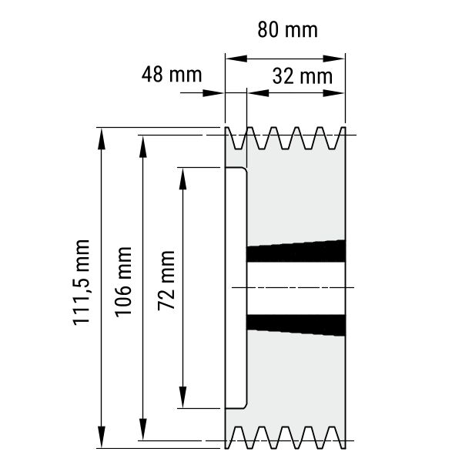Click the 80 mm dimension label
click(287, 30)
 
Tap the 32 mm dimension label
click(303, 76)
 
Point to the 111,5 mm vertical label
click(81, 283)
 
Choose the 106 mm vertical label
click(123, 283)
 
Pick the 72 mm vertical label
click(166, 281)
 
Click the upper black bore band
click(296, 251)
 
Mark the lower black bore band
click(296, 325)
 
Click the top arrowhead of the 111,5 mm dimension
click(102, 139)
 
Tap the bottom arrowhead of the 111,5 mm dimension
click(102, 437)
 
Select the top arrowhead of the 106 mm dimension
click(143, 146)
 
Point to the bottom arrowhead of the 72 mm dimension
click(183, 397)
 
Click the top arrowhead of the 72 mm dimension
click(183, 179)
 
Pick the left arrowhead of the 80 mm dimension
click(236, 59)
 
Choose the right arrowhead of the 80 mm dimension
click(334, 59)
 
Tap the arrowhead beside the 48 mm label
click(213, 93)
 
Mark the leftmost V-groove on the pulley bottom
click(238, 437)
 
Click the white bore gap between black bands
click(296, 288)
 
